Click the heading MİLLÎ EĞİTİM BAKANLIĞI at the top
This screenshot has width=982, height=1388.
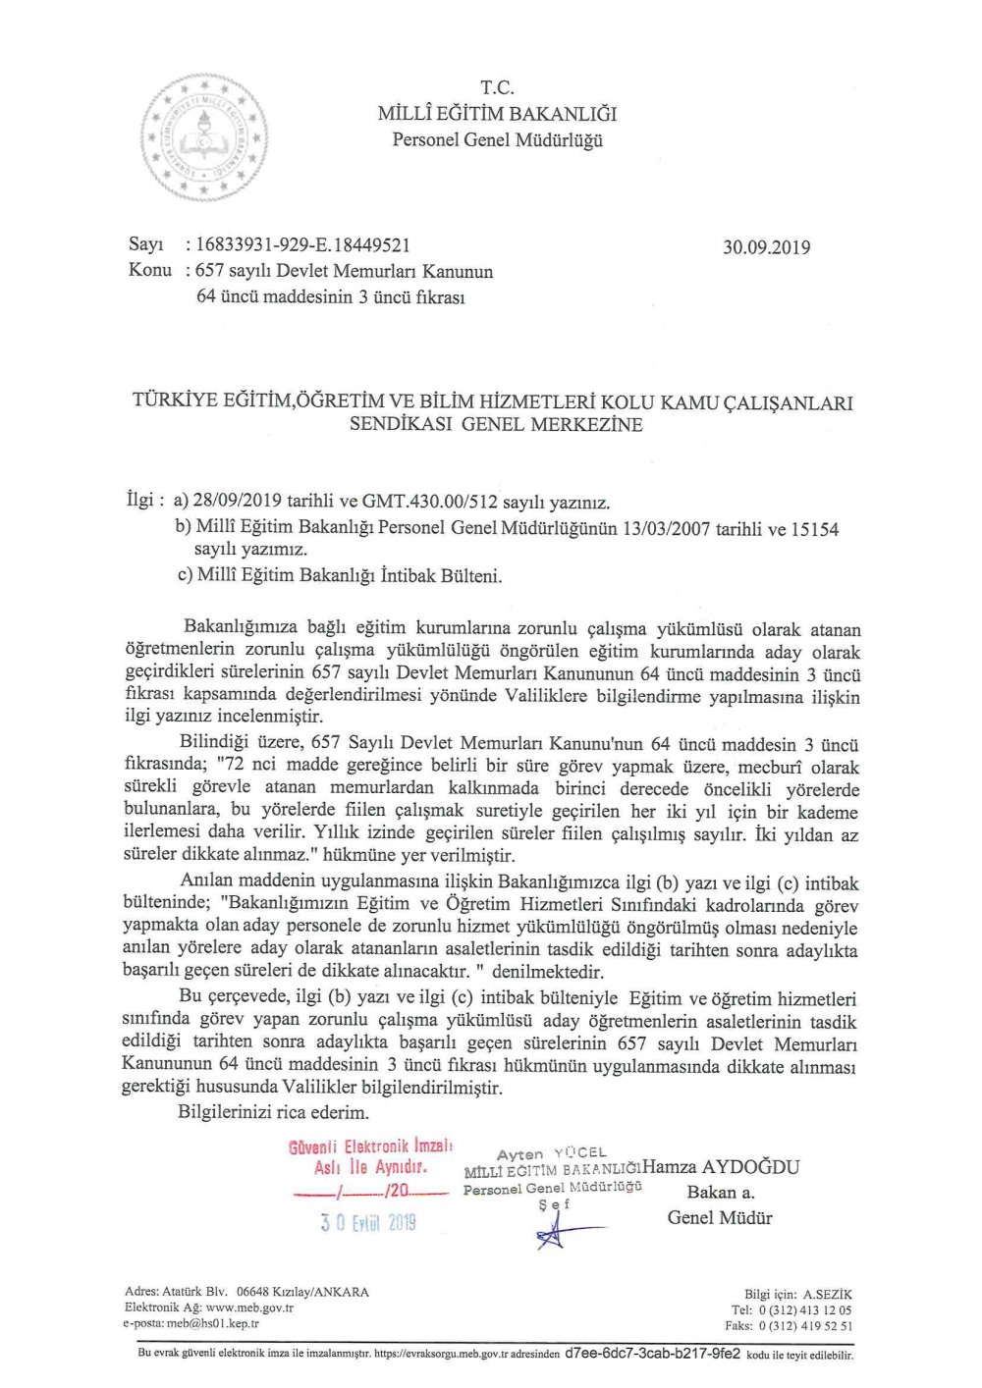point(497,114)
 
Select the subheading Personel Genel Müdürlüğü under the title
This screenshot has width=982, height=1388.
point(497,139)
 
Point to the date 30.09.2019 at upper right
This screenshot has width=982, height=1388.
point(766,247)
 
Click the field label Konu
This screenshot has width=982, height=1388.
point(149,270)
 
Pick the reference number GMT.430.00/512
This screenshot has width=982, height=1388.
point(430,503)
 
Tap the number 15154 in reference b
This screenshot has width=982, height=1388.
point(815,529)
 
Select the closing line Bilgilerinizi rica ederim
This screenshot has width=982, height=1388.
point(273,1112)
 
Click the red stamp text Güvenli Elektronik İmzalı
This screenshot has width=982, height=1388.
point(370,1147)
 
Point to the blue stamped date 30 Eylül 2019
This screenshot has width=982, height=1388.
point(367,1222)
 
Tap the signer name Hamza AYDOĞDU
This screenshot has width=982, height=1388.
point(721,1167)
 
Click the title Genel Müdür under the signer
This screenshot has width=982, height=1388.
point(720,1218)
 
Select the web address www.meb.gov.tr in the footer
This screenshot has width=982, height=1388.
point(249,1308)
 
